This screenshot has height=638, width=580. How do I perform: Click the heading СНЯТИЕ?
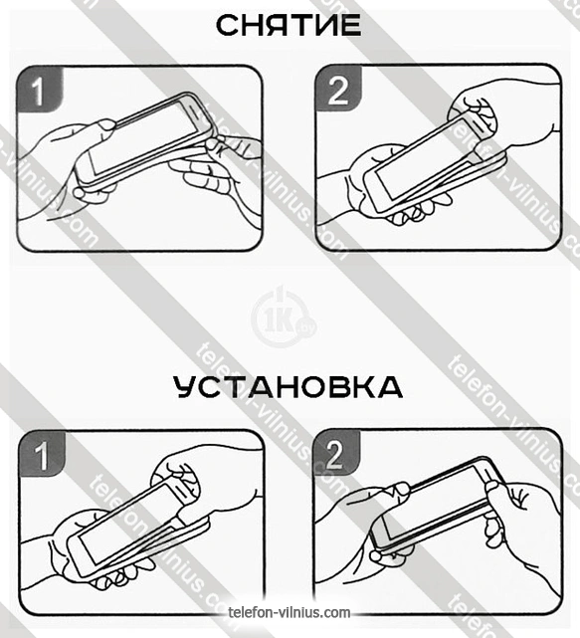[288, 25]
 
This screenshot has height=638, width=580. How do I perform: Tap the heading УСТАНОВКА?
[288, 386]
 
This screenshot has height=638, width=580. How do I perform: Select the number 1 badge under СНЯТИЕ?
[40, 90]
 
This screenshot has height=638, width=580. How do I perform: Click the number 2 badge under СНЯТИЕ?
[338, 90]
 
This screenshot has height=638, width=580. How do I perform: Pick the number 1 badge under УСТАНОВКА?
[42, 455]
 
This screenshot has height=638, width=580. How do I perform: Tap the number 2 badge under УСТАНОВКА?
[336, 454]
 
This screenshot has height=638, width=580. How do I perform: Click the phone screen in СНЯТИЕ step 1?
[142, 136]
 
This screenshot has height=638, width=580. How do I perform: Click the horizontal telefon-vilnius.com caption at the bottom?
[290, 612]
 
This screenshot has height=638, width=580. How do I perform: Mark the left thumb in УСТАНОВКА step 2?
[397, 490]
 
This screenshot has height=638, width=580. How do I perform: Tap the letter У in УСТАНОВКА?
[185, 387]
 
